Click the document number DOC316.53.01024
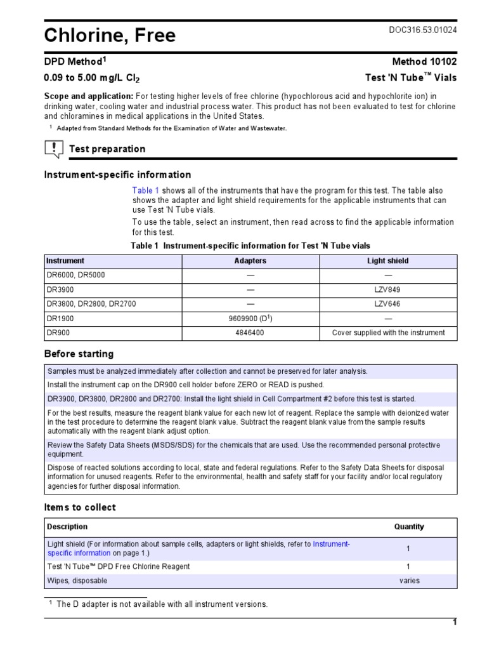click(422, 30)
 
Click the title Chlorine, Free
click(110, 36)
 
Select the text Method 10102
click(425, 62)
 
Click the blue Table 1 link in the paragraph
click(145, 190)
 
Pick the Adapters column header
click(250, 261)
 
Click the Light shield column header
click(388, 261)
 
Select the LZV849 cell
click(388, 289)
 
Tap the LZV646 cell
click(388, 304)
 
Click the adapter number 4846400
click(250, 333)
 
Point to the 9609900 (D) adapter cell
click(250, 318)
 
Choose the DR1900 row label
click(60, 319)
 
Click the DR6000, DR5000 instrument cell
click(75, 275)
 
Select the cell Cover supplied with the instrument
click(388, 333)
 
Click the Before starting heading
click(79, 354)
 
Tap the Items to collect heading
click(80, 507)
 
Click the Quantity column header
click(409, 527)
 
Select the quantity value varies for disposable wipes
click(409, 581)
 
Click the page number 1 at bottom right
click(454, 622)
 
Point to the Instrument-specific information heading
click(117, 175)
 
